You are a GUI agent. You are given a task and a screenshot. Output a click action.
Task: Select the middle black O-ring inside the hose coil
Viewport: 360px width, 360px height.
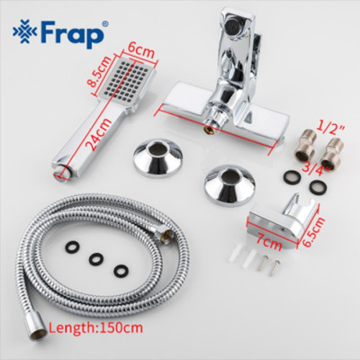point(95,260)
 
